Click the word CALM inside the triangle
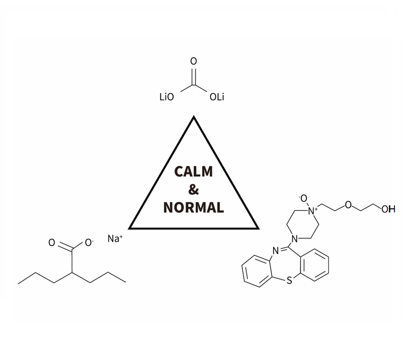click(194, 171)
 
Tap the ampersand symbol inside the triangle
click(194, 190)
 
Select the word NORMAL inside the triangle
click(194, 208)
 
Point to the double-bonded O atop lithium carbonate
click(193, 62)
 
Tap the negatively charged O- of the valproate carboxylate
click(89, 243)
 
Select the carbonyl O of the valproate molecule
click(52, 243)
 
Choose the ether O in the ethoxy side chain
click(348, 205)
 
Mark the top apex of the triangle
click(194, 117)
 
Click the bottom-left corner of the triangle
click(130, 228)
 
